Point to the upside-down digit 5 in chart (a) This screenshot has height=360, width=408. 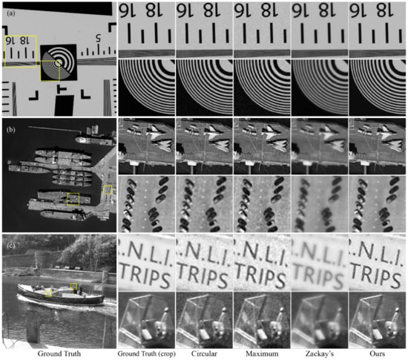tap(97, 38)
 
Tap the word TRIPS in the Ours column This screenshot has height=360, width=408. tap(377, 275)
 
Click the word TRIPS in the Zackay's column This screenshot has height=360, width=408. tap(319, 275)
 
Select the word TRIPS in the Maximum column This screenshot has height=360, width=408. tap(261, 275)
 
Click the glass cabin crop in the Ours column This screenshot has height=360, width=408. tap(377, 321)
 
